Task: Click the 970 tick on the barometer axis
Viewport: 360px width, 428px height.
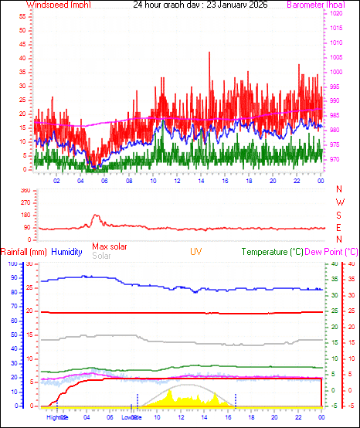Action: [337, 159]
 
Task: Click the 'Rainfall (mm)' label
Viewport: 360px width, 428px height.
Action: [24, 252]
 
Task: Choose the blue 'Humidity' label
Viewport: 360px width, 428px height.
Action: [67, 252]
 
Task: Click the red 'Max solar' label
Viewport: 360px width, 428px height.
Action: [110, 246]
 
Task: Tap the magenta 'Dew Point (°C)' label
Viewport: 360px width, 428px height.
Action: [331, 252]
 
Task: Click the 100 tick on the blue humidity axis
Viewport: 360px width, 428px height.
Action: [12, 264]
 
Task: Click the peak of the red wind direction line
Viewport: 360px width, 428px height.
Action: [96, 216]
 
